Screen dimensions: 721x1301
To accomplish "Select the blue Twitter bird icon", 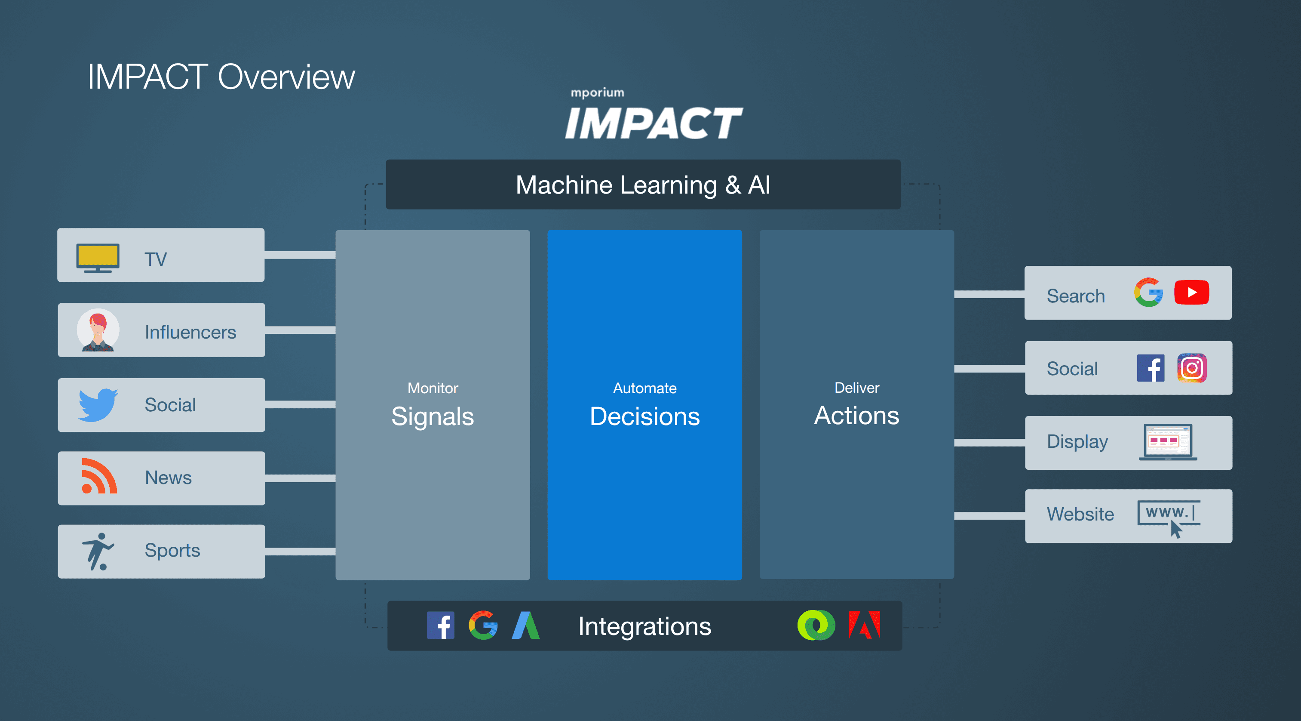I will point(98,404).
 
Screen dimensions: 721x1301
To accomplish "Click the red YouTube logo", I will point(1191,293).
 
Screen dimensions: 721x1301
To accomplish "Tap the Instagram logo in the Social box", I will point(1191,368).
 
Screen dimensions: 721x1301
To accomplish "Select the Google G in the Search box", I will point(1148,293).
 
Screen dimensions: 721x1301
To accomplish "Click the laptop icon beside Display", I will point(1168,442).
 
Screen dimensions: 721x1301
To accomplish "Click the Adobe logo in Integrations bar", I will point(864,625).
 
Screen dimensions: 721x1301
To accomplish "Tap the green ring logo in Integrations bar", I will point(816,625).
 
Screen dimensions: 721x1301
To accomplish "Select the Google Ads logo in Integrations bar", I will point(526,625).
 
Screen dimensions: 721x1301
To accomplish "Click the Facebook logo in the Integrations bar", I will point(440,625).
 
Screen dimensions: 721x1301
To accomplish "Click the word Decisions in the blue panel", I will point(644,416).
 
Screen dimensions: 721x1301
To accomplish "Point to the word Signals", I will point(433,416).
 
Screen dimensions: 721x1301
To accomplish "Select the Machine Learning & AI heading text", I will point(642,185).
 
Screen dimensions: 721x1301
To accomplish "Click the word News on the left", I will point(168,478).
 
